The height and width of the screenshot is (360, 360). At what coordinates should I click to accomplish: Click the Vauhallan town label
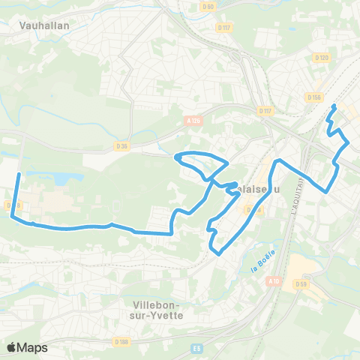[x=39, y=23]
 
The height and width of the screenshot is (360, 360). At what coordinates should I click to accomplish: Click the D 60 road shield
[x=209, y=7]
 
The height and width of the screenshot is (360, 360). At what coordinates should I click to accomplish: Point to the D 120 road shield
[x=322, y=57]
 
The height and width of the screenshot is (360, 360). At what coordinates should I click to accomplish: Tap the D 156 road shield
[x=314, y=97]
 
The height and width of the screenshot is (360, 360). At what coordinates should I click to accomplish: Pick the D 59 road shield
[x=301, y=283]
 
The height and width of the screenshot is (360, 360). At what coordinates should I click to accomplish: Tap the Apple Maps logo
[x=27, y=347]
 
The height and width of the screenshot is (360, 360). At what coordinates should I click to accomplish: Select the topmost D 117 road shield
[x=224, y=27]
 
